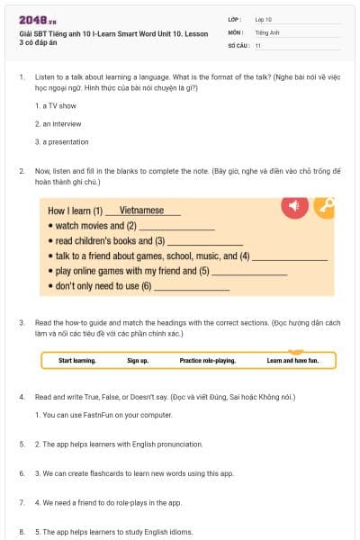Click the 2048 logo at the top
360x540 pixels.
[x=31, y=20]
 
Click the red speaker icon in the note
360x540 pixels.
[x=293, y=207]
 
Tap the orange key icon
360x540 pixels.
[x=324, y=207]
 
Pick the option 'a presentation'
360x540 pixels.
[x=62, y=141]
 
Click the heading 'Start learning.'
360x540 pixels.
[x=77, y=360]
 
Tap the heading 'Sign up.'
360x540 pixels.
[x=138, y=360]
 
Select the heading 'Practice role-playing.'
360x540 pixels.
[x=207, y=360]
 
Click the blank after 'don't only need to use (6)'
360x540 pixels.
[x=192, y=287]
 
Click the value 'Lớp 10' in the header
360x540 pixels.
[x=264, y=19]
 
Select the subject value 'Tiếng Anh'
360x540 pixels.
[x=267, y=32]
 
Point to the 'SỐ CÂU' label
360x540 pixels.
[x=238, y=45]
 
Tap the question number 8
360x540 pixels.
[x=21, y=532]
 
